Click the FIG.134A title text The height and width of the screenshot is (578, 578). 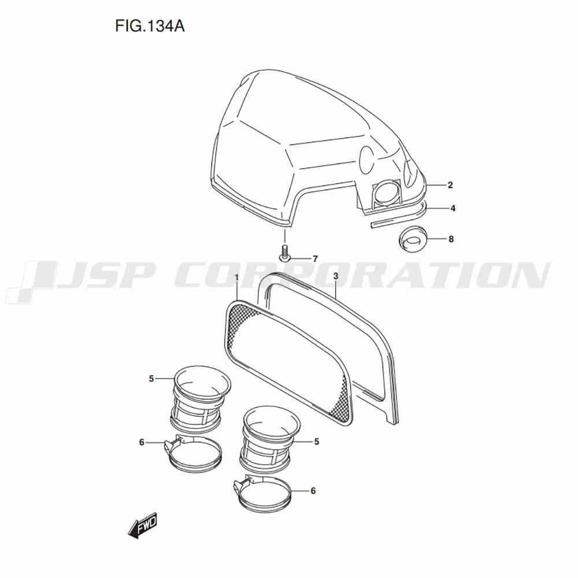[x=150, y=26]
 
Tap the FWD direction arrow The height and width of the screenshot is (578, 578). [x=142, y=525]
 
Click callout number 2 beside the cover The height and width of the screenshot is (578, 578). [x=450, y=185]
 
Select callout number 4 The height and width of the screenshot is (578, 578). [x=453, y=208]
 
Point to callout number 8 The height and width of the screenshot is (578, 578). [x=451, y=239]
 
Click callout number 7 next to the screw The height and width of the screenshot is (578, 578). [x=315, y=259]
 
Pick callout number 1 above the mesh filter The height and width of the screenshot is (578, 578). [x=236, y=277]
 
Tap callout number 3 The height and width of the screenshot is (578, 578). [x=335, y=276]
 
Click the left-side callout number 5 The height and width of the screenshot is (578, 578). [x=151, y=379]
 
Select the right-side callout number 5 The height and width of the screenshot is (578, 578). [x=316, y=441]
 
